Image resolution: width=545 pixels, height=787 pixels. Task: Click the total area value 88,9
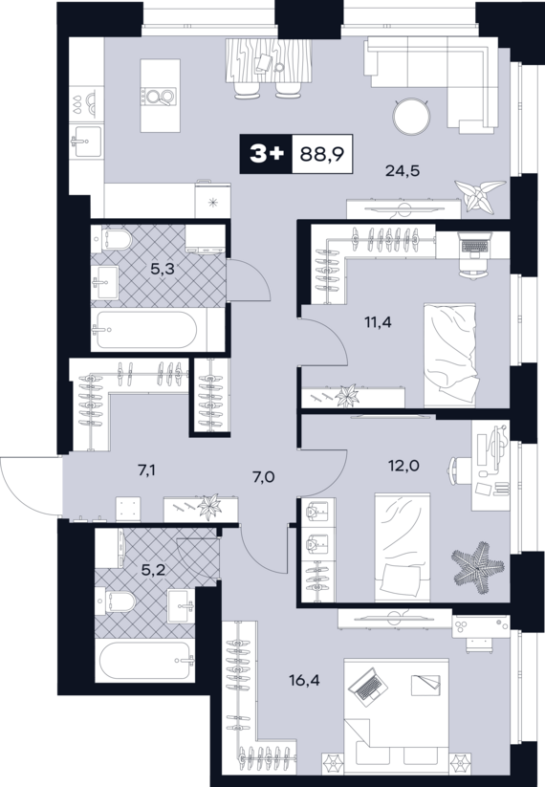click(321, 154)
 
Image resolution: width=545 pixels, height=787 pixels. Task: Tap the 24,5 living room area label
click(403, 171)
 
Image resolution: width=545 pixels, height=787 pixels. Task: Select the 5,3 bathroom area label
click(163, 269)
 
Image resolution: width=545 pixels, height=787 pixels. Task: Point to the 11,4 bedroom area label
click(379, 321)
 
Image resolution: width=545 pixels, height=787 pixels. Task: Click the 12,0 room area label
click(404, 466)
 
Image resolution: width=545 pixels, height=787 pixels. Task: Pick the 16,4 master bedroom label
click(305, 681)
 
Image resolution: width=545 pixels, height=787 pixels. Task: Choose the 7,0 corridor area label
click(263, 476)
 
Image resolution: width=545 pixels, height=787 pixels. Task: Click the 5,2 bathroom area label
click(154, 570)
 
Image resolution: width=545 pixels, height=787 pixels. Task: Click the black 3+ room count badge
click(266, 154)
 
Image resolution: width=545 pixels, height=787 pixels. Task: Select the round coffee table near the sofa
click(412, 117)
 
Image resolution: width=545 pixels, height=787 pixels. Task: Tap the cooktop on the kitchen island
click(159, 97)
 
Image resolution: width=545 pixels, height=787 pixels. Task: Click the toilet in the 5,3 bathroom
click(112, 240)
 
